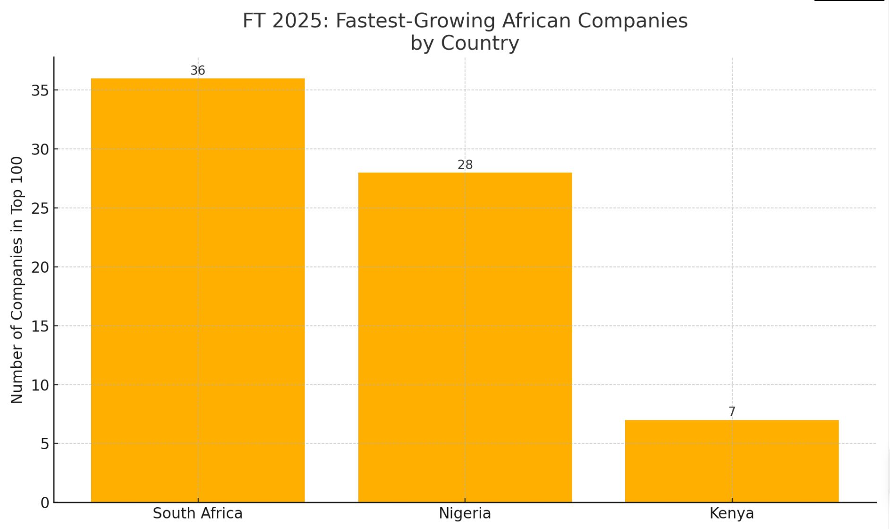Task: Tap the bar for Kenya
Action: [x=732, y=461]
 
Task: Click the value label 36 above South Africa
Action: [x=198, y=70]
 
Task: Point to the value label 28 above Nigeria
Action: [x=465, y=165]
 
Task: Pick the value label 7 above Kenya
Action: [x=732, y=412]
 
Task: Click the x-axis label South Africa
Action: [x=198, y=513]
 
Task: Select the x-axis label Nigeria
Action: [x=465, y=513]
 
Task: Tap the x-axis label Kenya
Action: [x=732, y=513]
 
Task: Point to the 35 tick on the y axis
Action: [x=40, y=90]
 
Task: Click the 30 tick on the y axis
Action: [x=40, y=149]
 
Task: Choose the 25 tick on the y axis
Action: [x=40, y=208]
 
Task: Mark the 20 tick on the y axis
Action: [x=40, y=267]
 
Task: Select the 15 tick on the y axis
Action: [x=40, y=326]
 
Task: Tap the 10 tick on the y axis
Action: [x=40, y=385]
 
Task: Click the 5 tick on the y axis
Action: [x=45, y=444]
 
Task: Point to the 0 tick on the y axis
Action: [x=45, y=503]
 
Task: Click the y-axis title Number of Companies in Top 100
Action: [x=17, y=280]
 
